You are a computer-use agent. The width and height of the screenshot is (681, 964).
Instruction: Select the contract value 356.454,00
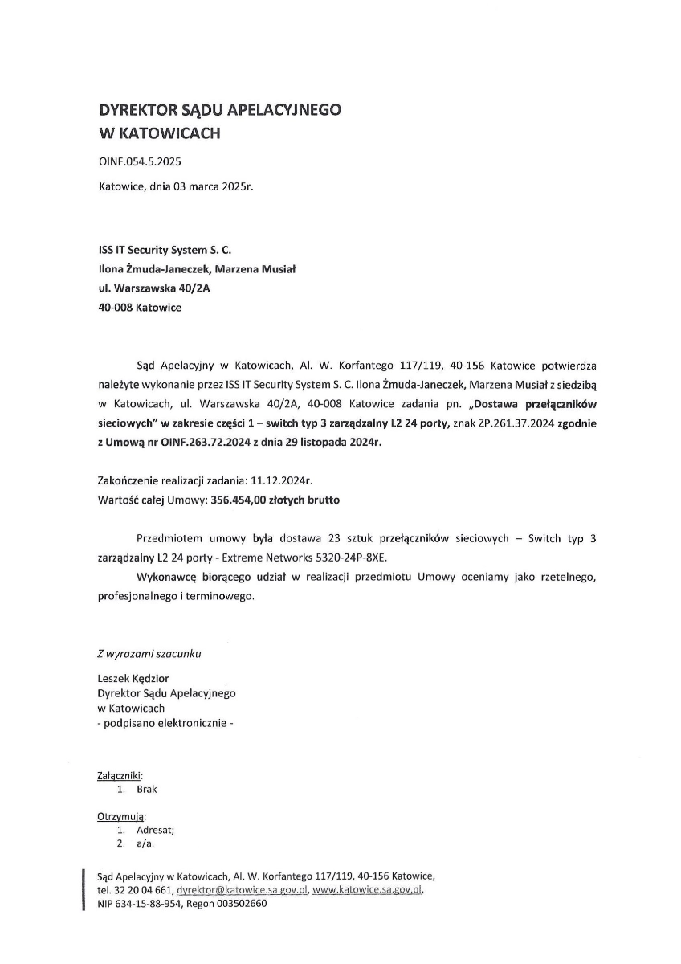point(240,500)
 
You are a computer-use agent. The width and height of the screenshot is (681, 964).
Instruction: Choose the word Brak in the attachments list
point(147,789)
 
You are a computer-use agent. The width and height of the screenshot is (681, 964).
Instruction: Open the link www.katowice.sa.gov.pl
point(367,890)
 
